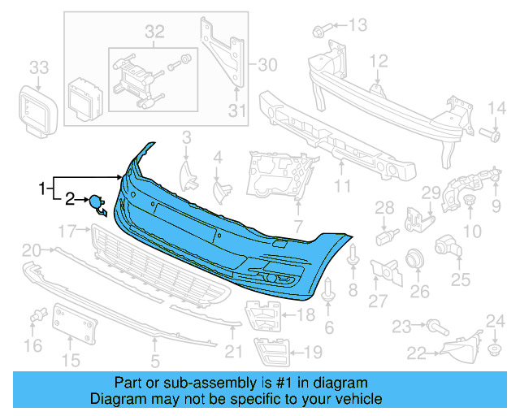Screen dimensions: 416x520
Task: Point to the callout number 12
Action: click(x=379, y=60)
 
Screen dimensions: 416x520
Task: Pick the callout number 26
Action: click(x=419, y=291)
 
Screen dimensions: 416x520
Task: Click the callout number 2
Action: click(x=71, y=197)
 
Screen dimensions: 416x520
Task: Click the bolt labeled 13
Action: click(x=318, y=31)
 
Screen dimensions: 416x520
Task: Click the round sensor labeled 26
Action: click(x=415, y=259)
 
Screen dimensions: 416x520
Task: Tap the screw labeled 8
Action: click(x=353, y=258)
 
